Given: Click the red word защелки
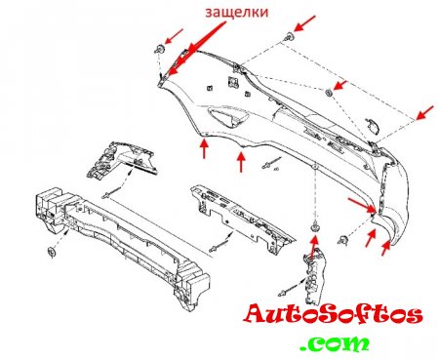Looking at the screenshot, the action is point(237,13).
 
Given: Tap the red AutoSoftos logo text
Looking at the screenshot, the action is point(333,314).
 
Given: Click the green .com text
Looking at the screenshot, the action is point(335,343).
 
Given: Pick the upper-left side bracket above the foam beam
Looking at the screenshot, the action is point(122,159).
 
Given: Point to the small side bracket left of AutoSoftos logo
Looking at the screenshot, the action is point(312,274).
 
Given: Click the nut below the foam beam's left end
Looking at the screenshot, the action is point(52,252).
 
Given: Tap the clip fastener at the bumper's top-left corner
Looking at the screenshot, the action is point(159,50).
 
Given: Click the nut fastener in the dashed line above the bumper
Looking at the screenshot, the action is point(329,93).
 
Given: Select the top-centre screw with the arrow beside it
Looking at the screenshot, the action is point(289,37).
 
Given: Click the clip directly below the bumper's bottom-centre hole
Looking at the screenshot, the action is point(314,226).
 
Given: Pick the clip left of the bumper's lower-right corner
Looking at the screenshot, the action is point(342,240).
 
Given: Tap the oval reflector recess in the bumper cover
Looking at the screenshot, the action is point(226,117).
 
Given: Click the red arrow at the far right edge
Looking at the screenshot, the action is point(425,112).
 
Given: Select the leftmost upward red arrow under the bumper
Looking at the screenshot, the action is point(204,148).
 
